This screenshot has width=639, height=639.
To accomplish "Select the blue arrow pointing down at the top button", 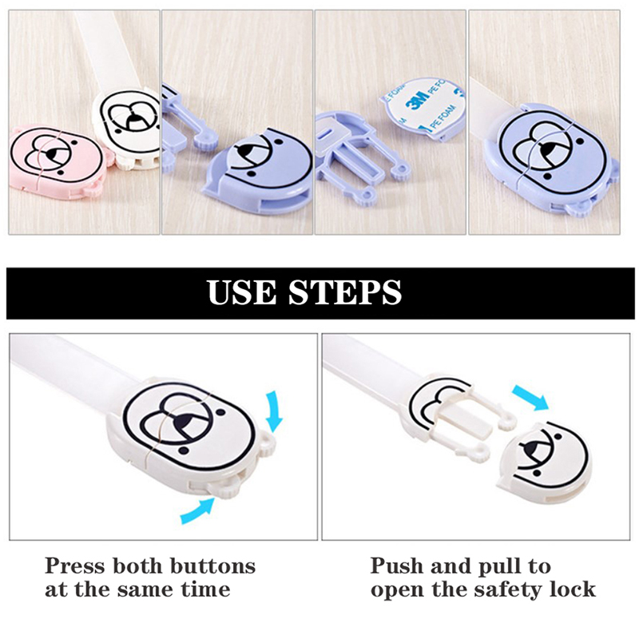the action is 273,411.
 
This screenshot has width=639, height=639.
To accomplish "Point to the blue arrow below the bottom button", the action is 197,510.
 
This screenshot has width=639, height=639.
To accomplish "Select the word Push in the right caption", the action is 397,566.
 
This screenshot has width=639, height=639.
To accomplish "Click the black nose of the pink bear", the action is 52,155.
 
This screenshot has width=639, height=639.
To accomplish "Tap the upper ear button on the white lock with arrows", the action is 268,443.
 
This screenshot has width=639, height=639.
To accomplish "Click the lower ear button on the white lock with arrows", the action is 224,487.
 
